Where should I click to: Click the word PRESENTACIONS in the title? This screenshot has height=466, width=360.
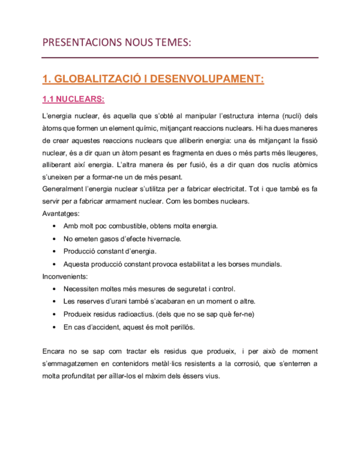(x=77, y=42)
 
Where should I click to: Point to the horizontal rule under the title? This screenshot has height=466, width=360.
(x=180, y=57)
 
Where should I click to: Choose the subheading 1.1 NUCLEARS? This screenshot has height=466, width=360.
(x=73, y=100)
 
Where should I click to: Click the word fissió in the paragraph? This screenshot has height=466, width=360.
(x=308, y=140)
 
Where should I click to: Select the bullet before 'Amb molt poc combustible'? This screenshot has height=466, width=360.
(x=52, y=226)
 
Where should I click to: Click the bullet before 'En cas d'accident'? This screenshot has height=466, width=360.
(x=52, y=327)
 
